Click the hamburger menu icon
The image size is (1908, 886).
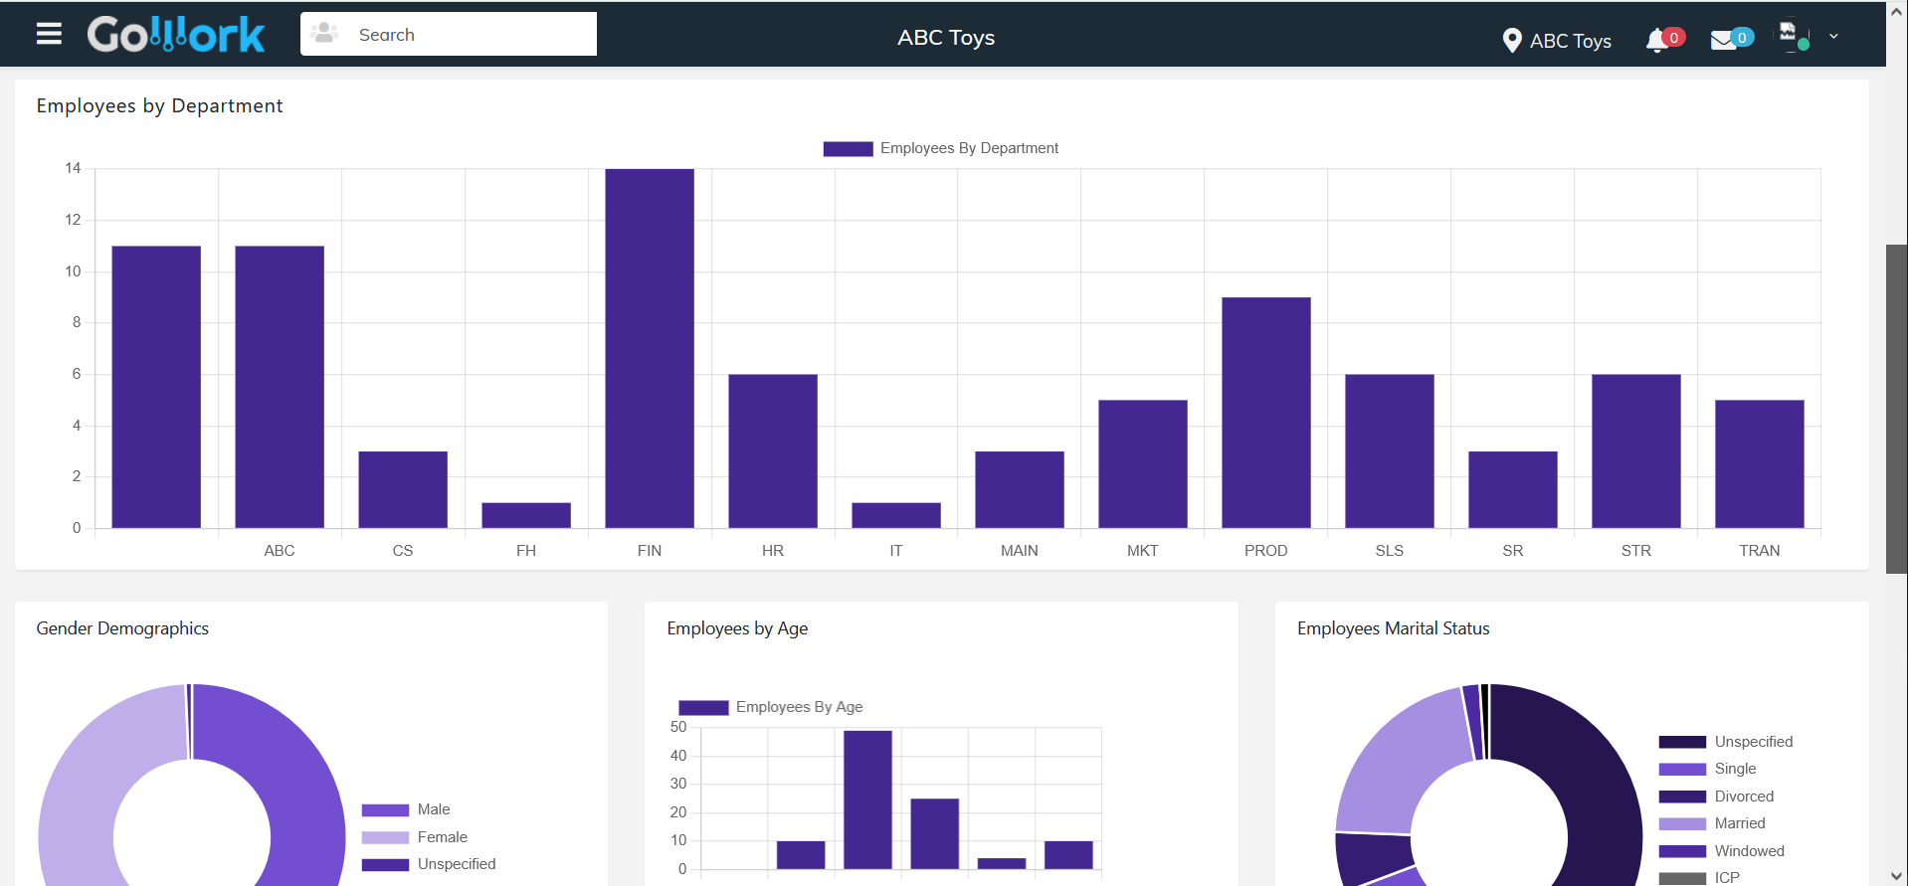49,34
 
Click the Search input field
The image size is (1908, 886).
449,34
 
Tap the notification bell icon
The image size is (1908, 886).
1656,41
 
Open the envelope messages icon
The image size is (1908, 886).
1723,41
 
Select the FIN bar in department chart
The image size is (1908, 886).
650,348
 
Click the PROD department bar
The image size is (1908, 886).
1266,413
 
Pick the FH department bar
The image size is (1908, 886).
526,515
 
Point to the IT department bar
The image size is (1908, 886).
896,515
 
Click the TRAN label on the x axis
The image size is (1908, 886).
1760,551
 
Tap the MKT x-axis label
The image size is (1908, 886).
1143,551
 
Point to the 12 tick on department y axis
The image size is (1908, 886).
73,220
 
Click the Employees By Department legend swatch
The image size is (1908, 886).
848,149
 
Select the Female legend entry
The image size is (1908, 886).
415,837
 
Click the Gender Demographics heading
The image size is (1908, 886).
122,628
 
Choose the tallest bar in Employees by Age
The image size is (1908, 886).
867,799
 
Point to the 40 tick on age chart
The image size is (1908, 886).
678,756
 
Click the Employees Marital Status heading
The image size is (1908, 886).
1394,628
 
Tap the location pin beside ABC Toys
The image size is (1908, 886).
1512,41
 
